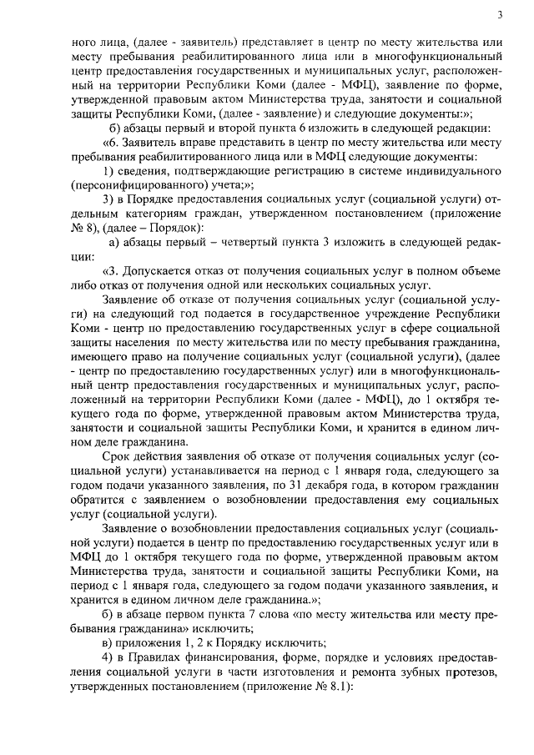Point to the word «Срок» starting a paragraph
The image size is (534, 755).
point(116,456)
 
